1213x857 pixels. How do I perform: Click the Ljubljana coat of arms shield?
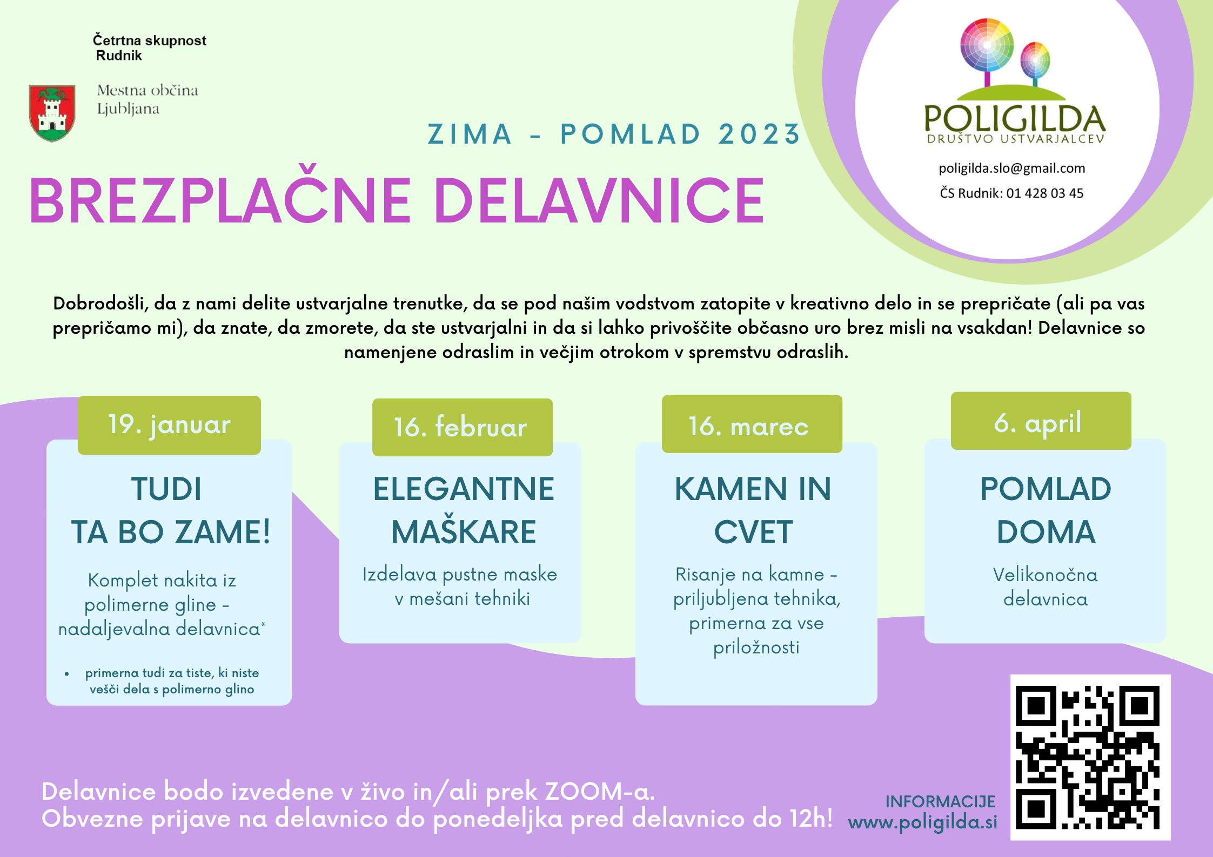point(52,113)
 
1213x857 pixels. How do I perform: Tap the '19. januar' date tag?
point(169,425)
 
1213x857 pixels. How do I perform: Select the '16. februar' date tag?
point(463,427)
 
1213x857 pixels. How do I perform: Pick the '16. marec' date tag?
point(752,424)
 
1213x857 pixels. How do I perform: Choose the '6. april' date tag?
point(1041,421)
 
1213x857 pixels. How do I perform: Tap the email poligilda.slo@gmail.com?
point(1012,168)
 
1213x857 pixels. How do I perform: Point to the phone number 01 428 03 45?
point(1045,193)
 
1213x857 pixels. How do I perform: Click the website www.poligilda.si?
point(923,823)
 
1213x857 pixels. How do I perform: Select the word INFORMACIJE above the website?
point(940,802)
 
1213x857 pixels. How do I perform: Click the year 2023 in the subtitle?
point(759,134)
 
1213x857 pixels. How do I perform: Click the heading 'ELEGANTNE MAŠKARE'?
point(464,510)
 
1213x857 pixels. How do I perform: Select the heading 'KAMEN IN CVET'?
point(753,510)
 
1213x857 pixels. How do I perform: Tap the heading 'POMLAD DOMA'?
point(1046,510)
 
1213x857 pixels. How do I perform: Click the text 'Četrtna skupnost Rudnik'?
point(149,48)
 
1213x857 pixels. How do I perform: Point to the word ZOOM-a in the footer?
point(600,792)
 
